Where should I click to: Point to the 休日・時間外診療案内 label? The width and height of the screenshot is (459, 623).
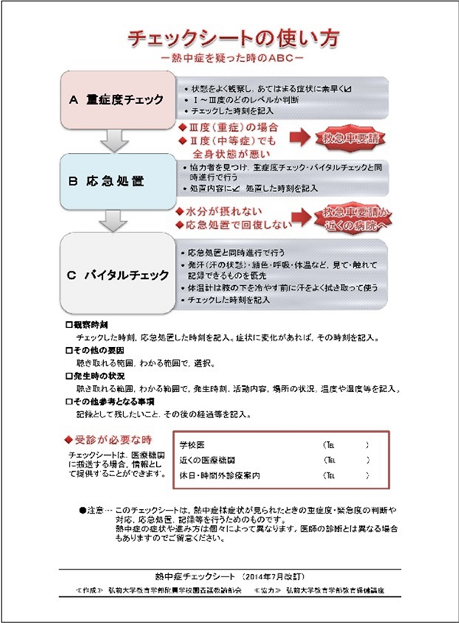tap(220, 475)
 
